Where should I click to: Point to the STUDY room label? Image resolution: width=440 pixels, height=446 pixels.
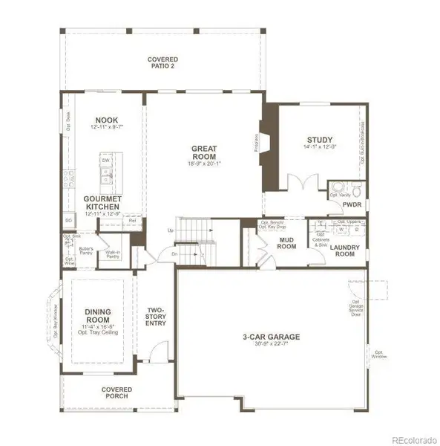click(320, 139)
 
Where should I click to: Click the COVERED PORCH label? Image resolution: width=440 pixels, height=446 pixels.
click(117, 392)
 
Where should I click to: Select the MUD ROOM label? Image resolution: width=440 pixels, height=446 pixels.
click(287, 242)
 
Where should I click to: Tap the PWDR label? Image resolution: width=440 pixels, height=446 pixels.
click(352, 202)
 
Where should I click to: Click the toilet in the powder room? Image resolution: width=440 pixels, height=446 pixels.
click(355, 188)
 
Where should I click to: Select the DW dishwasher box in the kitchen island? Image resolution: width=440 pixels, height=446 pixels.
click(106, 160)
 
